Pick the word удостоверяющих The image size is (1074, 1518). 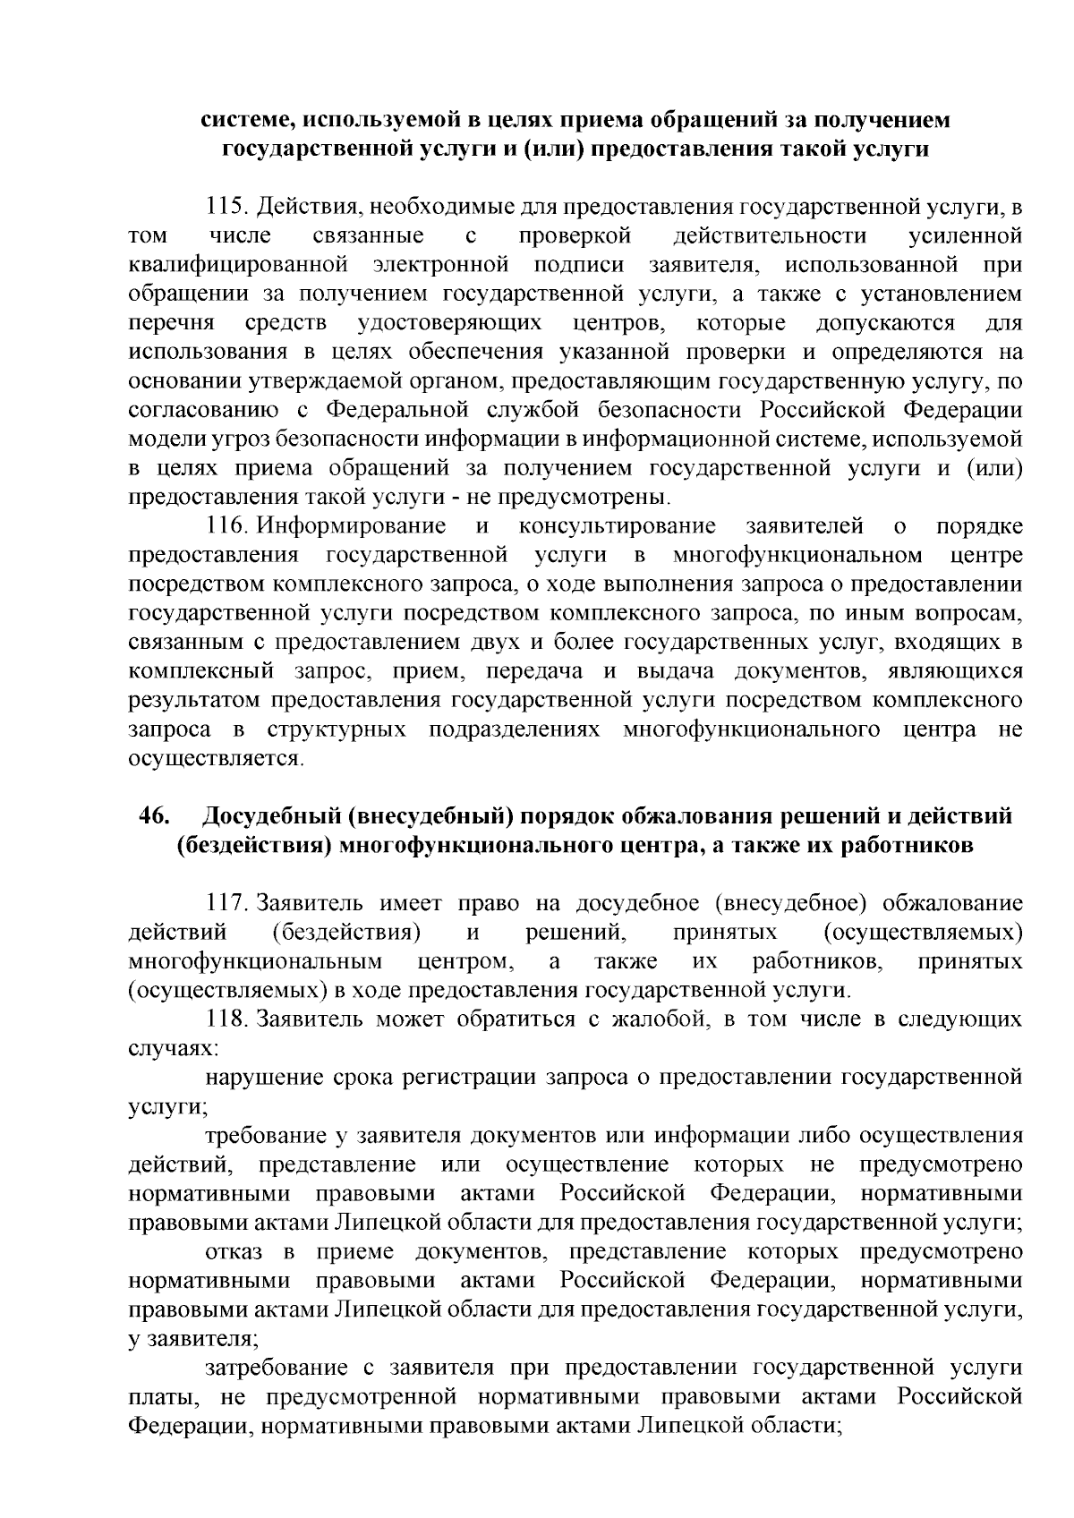coord(448,323)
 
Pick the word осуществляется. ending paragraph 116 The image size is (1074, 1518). coord(216,759)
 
